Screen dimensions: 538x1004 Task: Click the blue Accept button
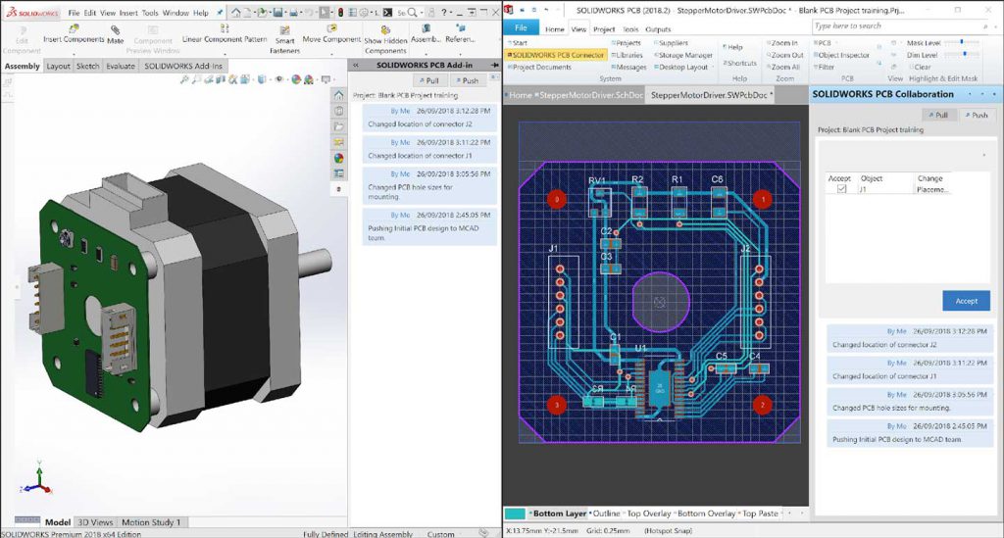pos(966,301)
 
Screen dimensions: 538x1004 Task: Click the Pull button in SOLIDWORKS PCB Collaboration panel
pos(937,115)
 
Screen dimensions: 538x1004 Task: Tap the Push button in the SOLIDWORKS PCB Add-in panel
pos(467,80)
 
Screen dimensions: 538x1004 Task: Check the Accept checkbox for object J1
pos(841,189)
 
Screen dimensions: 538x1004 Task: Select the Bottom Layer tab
pos(558,514)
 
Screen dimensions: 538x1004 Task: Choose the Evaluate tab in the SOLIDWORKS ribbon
pos(121,67)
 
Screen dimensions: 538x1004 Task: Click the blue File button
pos(522,28)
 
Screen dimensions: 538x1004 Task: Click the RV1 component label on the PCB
pos(597,180)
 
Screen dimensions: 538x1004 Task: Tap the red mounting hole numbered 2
pos(762,404)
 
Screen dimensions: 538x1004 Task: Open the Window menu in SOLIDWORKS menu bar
pos(176,13)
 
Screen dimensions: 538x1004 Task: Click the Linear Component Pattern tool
pos(224,39)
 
